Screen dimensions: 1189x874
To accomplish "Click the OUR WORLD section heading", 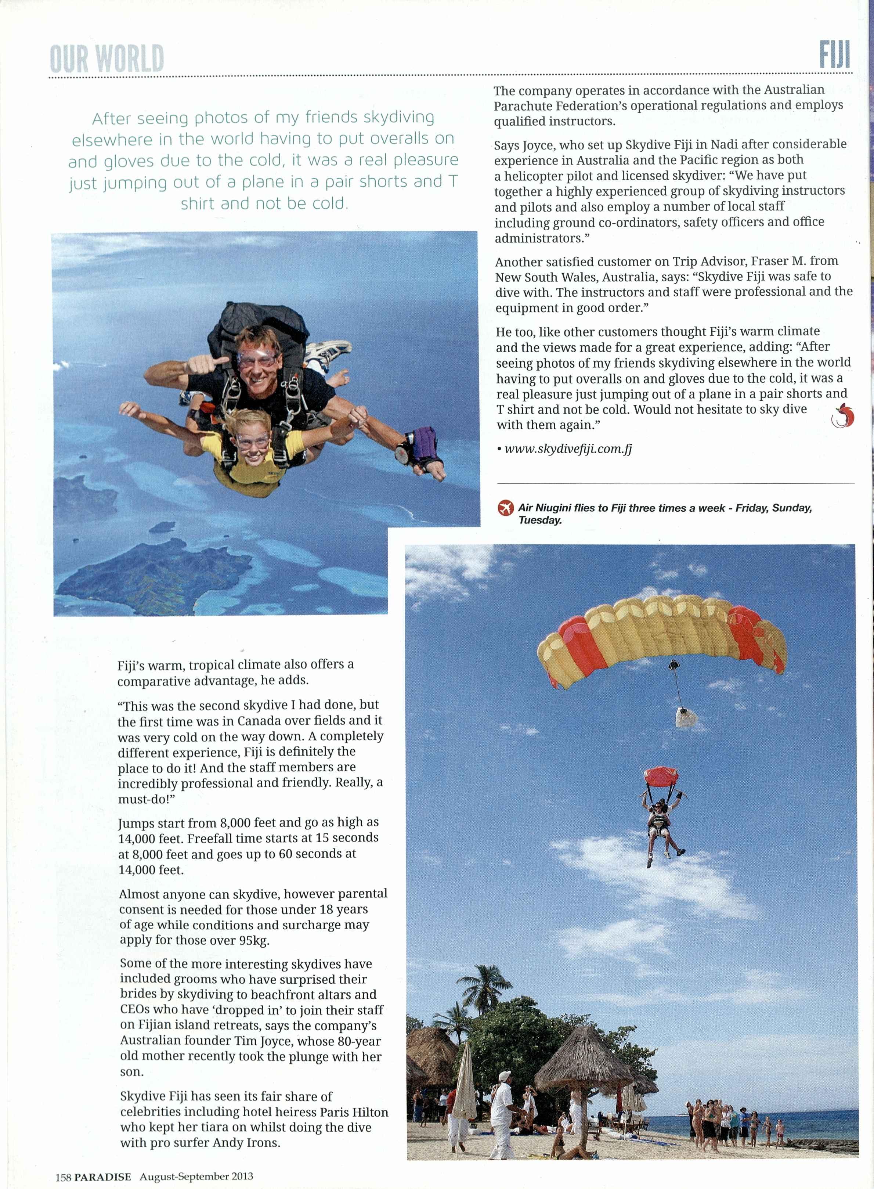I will click(107, 59).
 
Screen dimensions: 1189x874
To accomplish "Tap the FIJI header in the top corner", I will click(835, 55).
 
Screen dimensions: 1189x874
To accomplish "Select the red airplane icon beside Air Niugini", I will click(506, 508).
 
